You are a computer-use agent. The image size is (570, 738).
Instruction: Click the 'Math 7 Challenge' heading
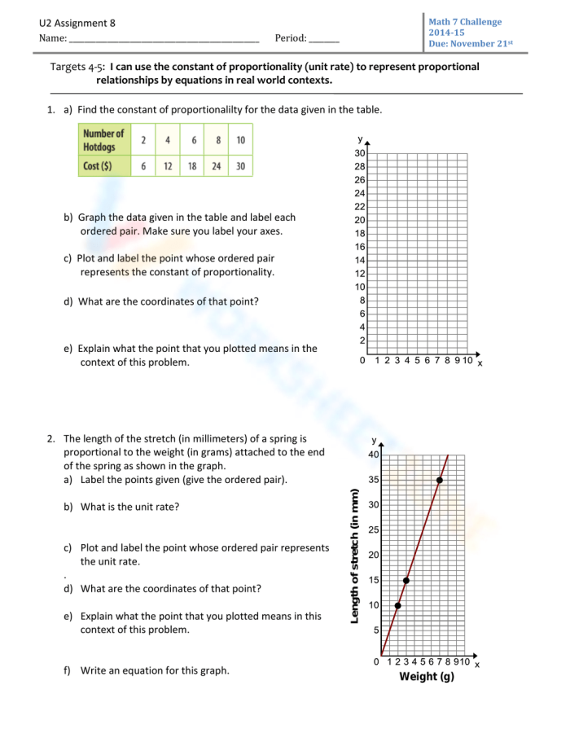coord(465,22)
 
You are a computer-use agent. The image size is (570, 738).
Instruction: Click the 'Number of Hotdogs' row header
coord(104,139)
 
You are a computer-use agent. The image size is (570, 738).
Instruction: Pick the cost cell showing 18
coord(193,165)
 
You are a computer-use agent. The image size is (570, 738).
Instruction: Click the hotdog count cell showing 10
coord(241,139)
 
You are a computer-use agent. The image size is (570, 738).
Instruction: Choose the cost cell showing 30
coord(241,165)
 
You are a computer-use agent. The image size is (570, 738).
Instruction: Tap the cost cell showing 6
coord(143,165)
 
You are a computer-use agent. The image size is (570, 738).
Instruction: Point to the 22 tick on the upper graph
coord(360,207)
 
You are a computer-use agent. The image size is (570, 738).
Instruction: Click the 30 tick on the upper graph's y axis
coord(360,153)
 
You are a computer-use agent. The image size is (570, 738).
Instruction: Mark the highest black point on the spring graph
coord(440,481)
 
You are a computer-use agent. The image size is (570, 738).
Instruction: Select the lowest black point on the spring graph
coord(397,605)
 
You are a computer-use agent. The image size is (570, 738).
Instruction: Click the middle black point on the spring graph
coord(406,580)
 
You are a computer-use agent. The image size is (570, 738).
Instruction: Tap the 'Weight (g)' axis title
coord(427,678)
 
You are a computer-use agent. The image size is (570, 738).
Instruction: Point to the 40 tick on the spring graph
coord(374,455)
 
